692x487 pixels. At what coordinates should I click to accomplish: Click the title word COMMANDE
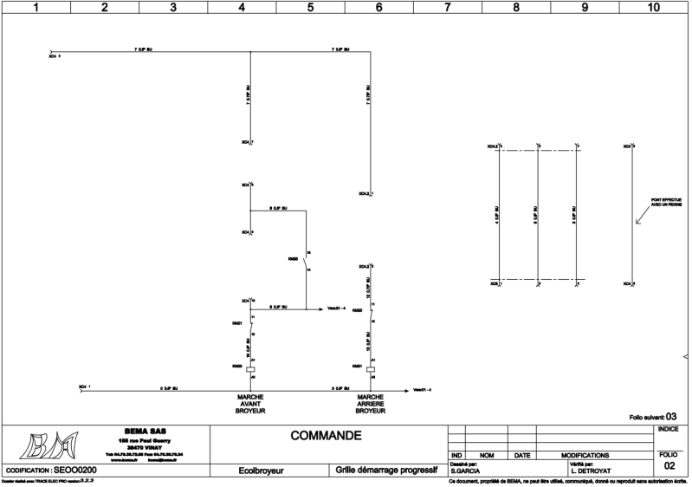tap(326, 435)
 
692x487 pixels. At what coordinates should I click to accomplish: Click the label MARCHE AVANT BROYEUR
tap(250, 404)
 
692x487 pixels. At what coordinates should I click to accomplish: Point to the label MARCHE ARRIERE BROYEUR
tap(371, 404)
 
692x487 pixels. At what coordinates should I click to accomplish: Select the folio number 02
tap(668, 466)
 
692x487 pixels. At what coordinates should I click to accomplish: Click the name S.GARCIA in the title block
tap(466, 471)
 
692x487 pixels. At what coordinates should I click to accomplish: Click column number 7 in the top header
tap(448, 7)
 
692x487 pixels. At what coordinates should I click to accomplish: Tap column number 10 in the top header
tap(654, 7)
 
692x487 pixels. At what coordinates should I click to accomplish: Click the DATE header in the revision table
tap(522, 455)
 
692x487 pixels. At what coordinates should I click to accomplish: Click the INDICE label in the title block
tap(669, 429)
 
